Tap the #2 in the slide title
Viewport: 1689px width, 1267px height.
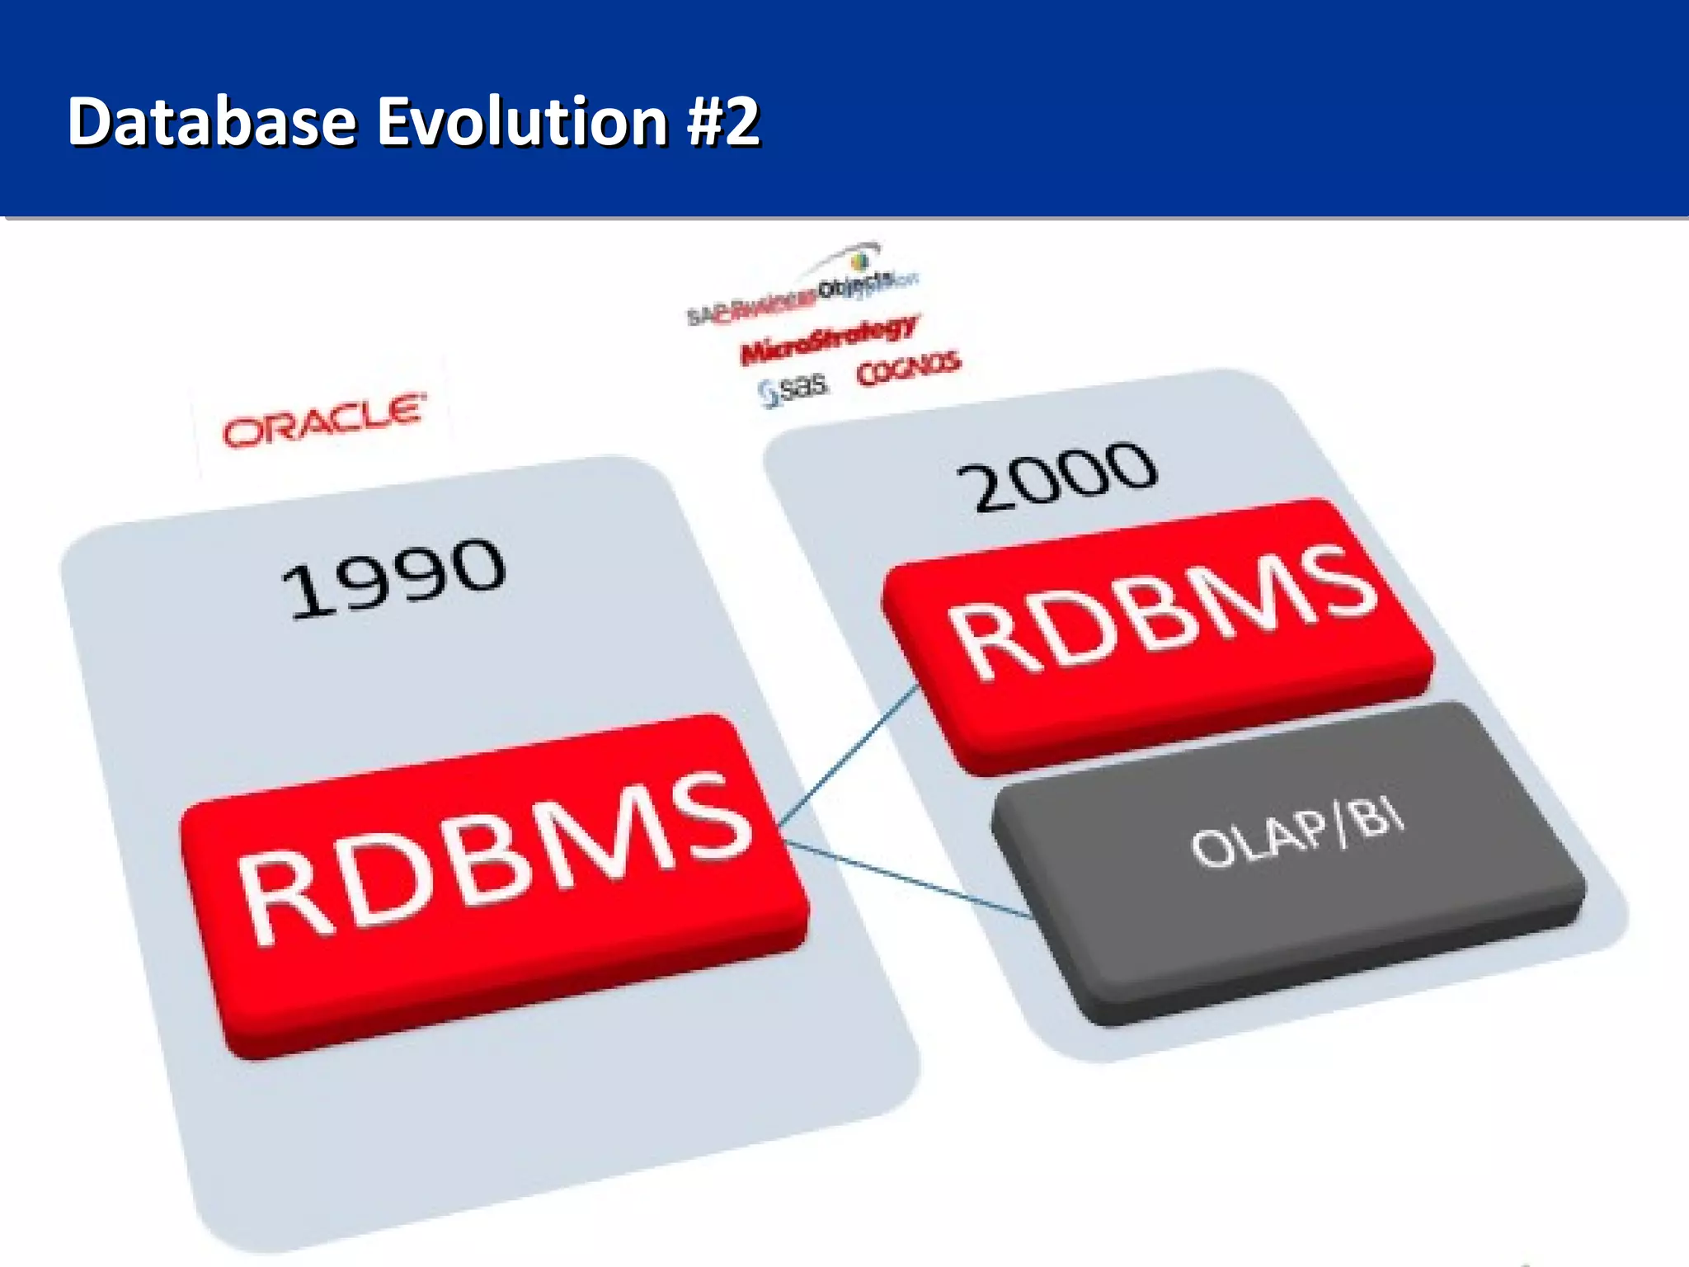pyautogui.click(x=723, y=121)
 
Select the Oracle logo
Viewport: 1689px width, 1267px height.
pyautogui.click(x=325, y=422)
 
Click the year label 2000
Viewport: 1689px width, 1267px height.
pyautogui.click(x=1056, y=476)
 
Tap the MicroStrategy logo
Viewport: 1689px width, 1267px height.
pyautogui.click(x=828, y=339)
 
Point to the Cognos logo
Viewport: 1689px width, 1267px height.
pyautogui.click(x=908, y=369)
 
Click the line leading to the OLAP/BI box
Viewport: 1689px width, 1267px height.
pyautogui.click(x=907, y=878)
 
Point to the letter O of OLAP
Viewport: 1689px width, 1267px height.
pyautogui.click(x=1211, y=850)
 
